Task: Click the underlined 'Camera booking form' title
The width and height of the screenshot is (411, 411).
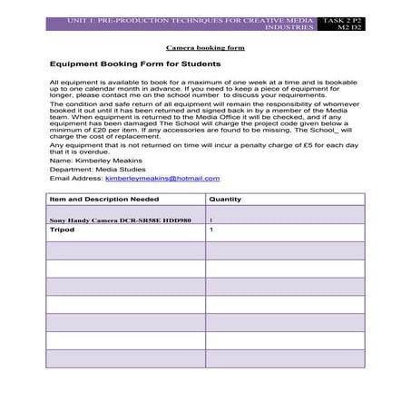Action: (205, 45)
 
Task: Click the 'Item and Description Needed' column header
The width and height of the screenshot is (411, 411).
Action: (104, 199)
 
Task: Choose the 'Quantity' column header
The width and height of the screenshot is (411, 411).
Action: (226, 199)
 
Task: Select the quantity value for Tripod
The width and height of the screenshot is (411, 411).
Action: (211, 230)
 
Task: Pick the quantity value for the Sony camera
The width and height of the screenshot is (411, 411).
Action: (211, 220)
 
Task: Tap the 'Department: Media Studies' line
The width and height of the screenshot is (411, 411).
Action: (93, 170)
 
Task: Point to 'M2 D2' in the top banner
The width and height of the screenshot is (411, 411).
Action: (349, 28)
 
